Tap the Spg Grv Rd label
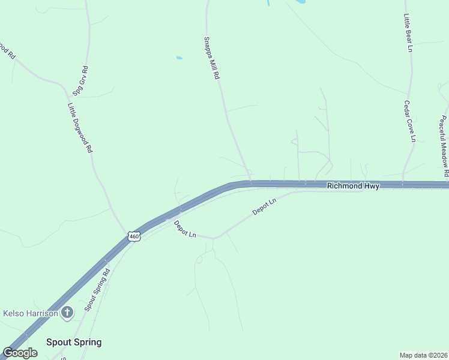coord(80,81)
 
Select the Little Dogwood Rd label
coord(80,127)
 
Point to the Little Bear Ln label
coord(408,32)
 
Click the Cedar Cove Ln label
coord(409,121)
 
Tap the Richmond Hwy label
coord(353,186)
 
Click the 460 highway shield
coord(134,237)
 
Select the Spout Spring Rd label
coord(97,289)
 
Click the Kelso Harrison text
coord(31,313)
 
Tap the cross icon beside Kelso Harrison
coord(67,312)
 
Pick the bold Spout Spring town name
coord(74,342)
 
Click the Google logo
coord(20,353)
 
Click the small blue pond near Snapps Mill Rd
coord(179,58)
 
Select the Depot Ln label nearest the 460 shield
coord(185,229)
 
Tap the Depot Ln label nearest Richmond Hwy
coord(264,206)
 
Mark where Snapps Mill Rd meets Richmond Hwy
coord(250,182)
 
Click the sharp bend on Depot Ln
coord(214,238)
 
